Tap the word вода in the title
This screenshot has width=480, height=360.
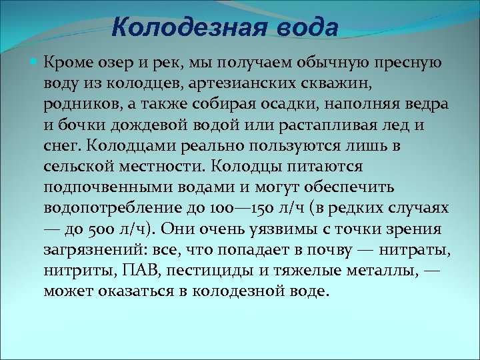tap(301, 28)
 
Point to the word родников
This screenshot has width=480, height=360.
tap(75, 105)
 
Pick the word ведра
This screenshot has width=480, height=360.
tap(425, 105)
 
